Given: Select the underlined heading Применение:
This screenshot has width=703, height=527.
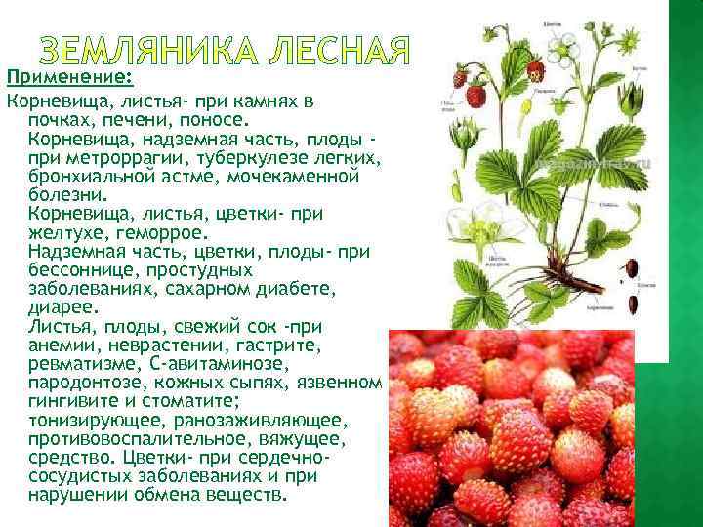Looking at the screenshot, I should click(x=69, y=77).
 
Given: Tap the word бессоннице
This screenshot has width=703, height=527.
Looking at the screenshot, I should click(x=87, y=270).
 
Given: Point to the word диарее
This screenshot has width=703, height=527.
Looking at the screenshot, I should click(x=59, y=307).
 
